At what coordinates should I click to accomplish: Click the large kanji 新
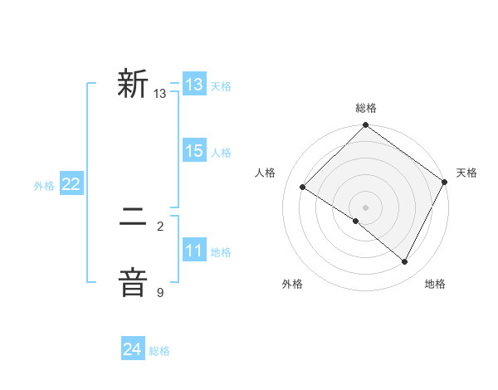(133, 85)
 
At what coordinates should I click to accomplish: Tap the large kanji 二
(133, 219)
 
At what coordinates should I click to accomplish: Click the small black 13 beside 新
(160, 94)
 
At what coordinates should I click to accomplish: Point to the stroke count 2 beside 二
(160, 226)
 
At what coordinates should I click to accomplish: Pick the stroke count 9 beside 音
(160, 292)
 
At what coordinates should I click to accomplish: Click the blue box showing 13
(194, 85)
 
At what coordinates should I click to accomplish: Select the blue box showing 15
(194, 151)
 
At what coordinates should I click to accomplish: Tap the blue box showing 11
(194, 251)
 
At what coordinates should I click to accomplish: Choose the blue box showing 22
(71, 185)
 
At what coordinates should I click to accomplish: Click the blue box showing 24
(132, 349)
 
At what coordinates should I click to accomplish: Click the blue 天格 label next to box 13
(221, 86)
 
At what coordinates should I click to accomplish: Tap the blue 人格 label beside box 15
(221, 153)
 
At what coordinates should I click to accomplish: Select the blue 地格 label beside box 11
(221, 252)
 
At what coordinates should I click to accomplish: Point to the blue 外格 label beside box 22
(44, 187)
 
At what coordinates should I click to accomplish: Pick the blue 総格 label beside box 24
(159, 351)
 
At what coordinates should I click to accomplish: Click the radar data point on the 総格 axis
(365, 126)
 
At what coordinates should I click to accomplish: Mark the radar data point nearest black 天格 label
(445, 182)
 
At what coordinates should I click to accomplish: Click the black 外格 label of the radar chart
(292, 285)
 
